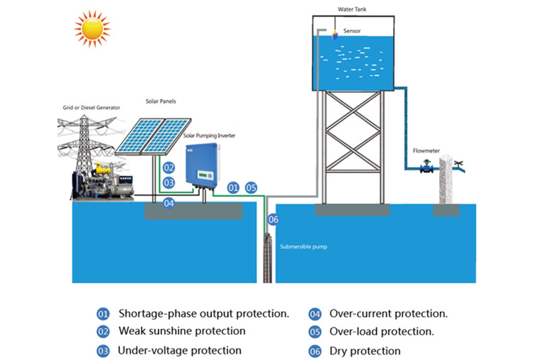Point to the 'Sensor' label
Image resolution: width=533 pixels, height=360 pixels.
[x=352, y=31]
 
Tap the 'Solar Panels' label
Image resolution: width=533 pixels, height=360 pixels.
[x=161, y=102]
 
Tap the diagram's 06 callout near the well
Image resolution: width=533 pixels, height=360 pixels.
[x=274, y=219]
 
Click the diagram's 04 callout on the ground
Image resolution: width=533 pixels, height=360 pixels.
[x=168, y=203]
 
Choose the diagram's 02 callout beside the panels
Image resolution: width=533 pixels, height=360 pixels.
[x=168, y=168]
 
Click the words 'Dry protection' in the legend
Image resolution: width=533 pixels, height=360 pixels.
[x=365, y=351]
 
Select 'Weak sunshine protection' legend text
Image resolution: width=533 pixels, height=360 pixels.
[x=182, y=331]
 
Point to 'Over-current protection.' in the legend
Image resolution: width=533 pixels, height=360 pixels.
[x=388, y=313]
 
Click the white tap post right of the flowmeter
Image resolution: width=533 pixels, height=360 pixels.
[x=447, y=180]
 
